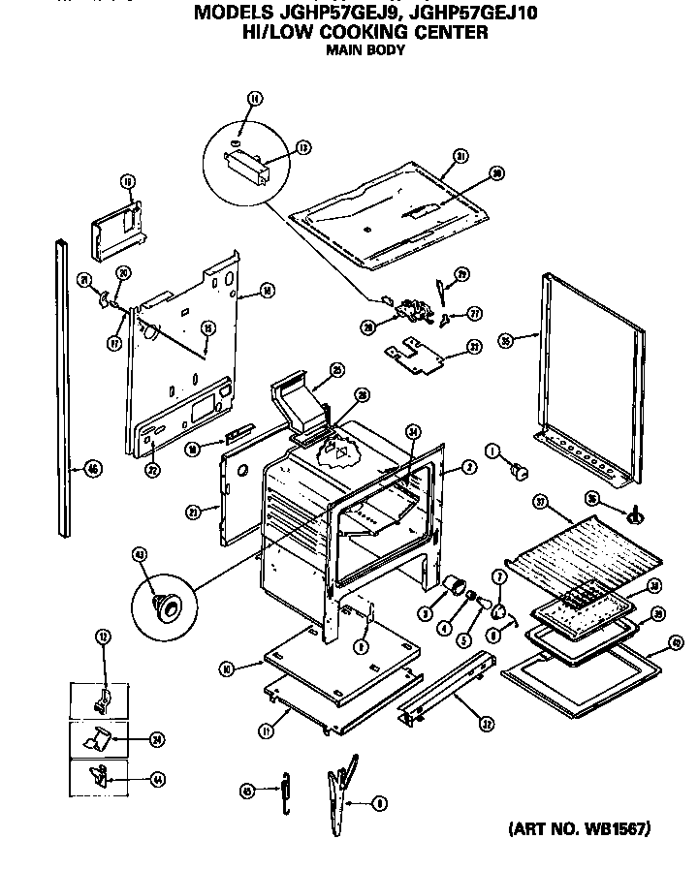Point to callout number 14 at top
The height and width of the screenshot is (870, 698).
[x=254, y=98]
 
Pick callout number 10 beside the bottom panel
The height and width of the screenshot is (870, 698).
[x=225, y=668]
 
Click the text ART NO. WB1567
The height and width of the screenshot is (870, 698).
[x=579, y=829]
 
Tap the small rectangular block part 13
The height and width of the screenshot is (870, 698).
[x=247, y=171]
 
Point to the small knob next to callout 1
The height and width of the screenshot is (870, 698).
[x=521, y=471]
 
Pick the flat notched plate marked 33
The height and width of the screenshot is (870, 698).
[x=417, y=353]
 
